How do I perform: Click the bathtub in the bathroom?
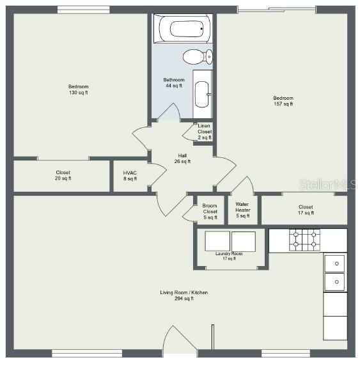tap(183, 29)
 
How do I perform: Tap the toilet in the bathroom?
tap(198, 57)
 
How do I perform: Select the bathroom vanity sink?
tap(202, 94)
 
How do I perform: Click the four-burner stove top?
tap(304, 240)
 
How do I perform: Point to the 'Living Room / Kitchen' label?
tap(184, 292)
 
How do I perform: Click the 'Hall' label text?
tap(182, 155)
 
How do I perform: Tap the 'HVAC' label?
tap(130, 173)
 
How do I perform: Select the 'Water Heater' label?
tap(242, 207)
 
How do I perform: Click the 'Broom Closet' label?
tap(210, 208)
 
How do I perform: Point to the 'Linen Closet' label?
tap(204, 129)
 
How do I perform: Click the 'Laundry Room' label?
tap(229, 254)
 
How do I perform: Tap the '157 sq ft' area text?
tap(283, 104)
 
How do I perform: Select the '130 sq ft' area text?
tap(79, 93)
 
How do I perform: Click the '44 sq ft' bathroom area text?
tap(174, 86)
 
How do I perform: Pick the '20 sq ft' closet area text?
tap(63, 178)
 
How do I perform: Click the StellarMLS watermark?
tap(328, 185)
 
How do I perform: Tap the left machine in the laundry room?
tap(217, 241)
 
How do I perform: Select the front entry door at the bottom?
tap(180, 340)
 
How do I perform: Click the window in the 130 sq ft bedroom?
tap(84, 10)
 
